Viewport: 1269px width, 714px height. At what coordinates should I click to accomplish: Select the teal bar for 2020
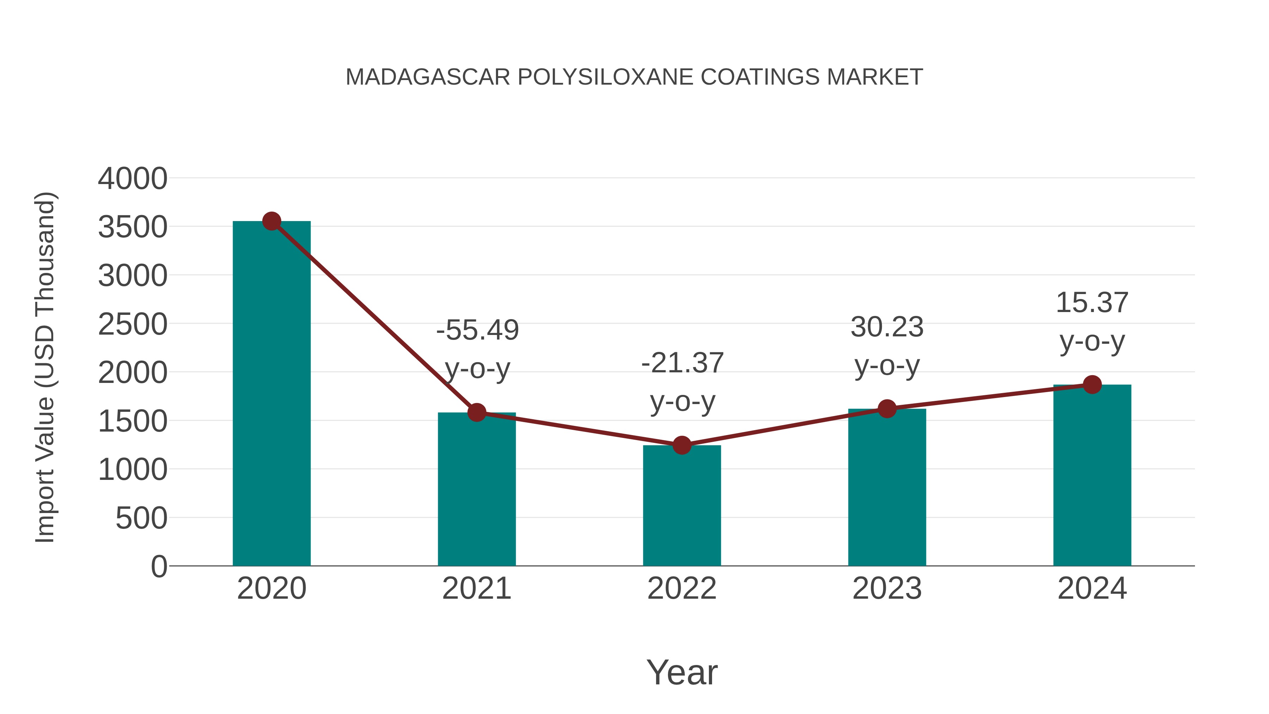click(x=271, y=394)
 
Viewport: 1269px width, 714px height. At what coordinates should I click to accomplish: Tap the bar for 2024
click(x=1092, y=476)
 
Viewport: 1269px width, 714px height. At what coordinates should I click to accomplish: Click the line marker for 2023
click(x=887, y=409)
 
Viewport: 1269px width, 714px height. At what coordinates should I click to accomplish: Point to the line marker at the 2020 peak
click(x=271, y=221)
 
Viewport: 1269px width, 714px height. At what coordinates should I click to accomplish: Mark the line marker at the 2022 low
click(x=682, y=445)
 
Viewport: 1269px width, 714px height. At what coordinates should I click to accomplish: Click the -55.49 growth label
click(x=477, y=330)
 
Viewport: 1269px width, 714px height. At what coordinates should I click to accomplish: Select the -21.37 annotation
click(x=682, y=363)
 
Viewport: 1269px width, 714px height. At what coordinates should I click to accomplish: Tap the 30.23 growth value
click(x=887, y=327)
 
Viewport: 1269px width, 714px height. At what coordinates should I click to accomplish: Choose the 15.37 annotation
click(x=1092, y=303)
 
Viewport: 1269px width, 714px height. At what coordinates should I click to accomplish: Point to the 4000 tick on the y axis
click(x=133, y=178)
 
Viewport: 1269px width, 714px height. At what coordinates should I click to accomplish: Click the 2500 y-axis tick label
click(x=133, y=325)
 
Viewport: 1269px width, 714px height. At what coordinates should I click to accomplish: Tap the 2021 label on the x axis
click(x=476, y=588)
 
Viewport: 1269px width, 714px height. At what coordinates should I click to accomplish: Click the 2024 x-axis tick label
click(x=1092, y=588)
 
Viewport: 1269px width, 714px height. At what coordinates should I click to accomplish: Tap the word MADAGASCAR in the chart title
click(x=428, y=77)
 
